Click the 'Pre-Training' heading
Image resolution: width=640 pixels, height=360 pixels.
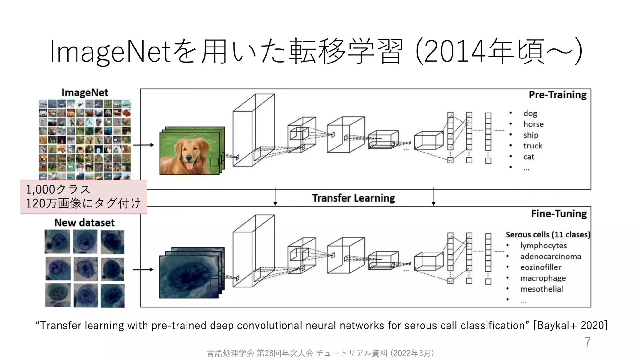tap(557, 95)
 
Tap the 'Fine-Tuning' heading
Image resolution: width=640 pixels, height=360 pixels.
tap(559, 214)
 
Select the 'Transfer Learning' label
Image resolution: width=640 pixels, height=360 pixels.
tap(353, 198)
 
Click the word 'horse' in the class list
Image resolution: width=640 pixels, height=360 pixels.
tap(533, 124)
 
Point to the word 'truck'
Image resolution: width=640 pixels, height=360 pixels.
tap(532, 146)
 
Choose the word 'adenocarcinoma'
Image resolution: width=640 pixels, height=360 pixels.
tap(550, 257)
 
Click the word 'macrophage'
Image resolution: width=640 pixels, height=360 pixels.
tap(543, 278)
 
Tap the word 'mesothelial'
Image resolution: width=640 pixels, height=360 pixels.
tap(542, 289)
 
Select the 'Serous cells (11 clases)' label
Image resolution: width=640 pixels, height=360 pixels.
tap(548, 235)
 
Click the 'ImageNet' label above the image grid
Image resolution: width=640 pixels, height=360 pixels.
tap(85, 92)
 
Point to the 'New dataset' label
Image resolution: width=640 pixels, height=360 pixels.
tap(84, 222)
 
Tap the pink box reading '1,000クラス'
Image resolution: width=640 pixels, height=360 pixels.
tap(84, 197)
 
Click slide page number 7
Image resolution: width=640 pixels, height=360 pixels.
tap(587, 342)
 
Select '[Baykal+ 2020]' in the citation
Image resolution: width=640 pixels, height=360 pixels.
tap(570, 325)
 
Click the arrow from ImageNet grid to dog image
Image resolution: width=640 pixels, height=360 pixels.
tap(143, 145)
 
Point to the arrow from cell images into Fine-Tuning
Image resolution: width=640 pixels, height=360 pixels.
tap(143, 269)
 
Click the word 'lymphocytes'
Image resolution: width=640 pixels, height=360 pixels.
tap(543, 246)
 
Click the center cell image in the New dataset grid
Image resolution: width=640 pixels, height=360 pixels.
tap(85, 269)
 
